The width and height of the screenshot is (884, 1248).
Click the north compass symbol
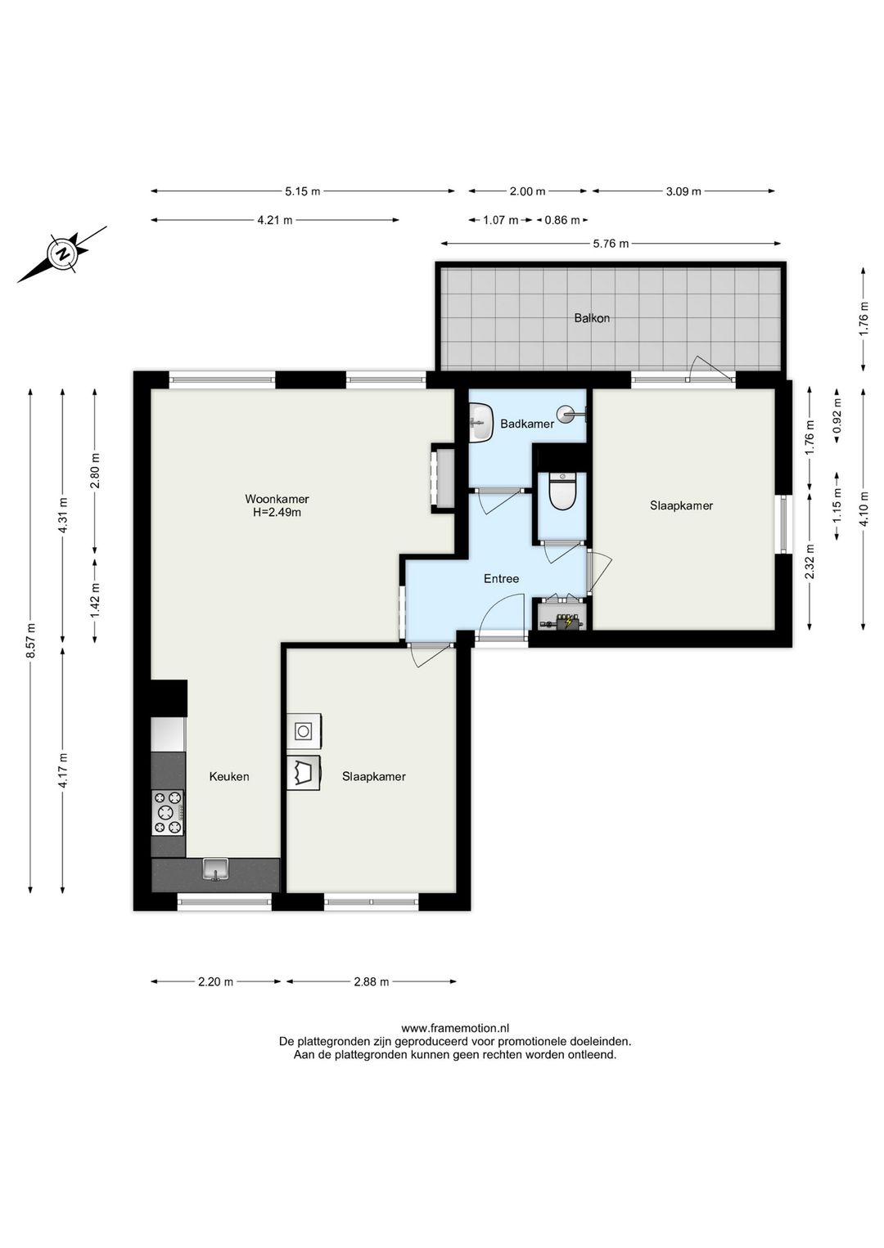[62, 254]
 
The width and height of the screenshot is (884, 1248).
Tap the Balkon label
[592, 318]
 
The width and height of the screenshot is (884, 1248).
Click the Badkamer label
[527, 424]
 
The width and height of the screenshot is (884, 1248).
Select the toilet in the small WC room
[562, 492]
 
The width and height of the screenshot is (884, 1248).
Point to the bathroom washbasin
[480, 423]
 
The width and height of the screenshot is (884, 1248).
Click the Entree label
[502, 579]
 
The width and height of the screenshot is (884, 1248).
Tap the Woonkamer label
[277, 499]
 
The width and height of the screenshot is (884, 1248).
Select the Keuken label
[229, 777]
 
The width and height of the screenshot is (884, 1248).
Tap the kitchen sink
[216, 869]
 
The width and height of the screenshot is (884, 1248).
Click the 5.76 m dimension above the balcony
[611, 244]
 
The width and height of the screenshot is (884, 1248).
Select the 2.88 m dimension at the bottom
[372, 981]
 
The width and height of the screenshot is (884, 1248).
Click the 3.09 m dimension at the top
[683, 191]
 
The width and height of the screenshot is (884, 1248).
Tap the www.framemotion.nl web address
[455, 1028]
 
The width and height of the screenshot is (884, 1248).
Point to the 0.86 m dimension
[562, 220]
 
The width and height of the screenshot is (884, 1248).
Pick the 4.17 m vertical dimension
[62, 771]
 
